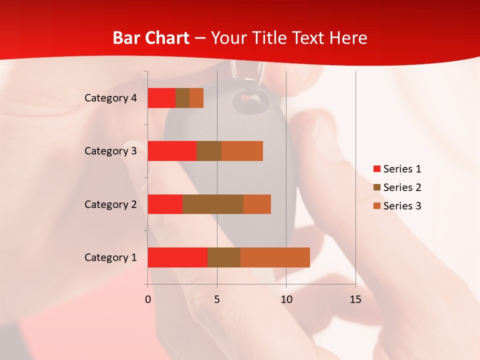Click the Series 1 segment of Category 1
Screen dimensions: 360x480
tap(177, 257)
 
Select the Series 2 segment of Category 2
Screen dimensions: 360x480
tap(213, 204)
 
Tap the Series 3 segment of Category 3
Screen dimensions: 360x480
tap(242, 151)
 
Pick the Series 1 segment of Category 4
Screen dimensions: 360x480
tap(161, 98)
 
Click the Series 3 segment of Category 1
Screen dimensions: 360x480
tap(275, 257)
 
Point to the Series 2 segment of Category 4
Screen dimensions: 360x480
tap(182, 98)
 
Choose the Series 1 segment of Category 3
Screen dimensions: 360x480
tap(172, 151)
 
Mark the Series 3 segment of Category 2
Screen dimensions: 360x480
tap(257, 204)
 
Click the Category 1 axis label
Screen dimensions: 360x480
tap(110, 257)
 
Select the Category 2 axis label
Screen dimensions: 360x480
tap(110, 204)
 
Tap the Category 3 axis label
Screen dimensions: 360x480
tap(110, 151)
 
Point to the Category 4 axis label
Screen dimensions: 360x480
tap(110, 98)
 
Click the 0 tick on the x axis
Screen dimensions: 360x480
tap(148, 299)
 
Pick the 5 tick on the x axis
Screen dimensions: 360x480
tap(217, 299)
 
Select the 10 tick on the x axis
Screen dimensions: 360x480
tap(286, 299)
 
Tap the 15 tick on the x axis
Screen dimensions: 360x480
tap(355, 299)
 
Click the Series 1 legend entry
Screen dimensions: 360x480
tap(397, 169)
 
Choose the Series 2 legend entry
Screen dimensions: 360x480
tap(397, 187)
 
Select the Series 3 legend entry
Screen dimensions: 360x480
tap(397, 206)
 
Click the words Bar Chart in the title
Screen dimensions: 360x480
tap(151, 38)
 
